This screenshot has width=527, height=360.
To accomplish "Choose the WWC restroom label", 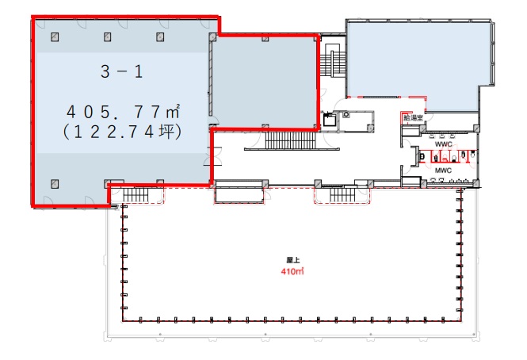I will pyautogui.click(x=443, y=144).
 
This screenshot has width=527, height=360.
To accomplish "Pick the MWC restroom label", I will pyautogui.click(x=442, y=170).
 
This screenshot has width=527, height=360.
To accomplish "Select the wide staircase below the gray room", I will pyautogui.click(x=290, y=142).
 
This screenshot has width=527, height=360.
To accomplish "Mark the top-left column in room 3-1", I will pyautogui.click(x=55, y=36).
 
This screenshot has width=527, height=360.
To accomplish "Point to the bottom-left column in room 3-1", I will pyautogui.click(x=55, y=182).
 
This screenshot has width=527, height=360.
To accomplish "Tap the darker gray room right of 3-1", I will pyautogui.click(x=263, y=82).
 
